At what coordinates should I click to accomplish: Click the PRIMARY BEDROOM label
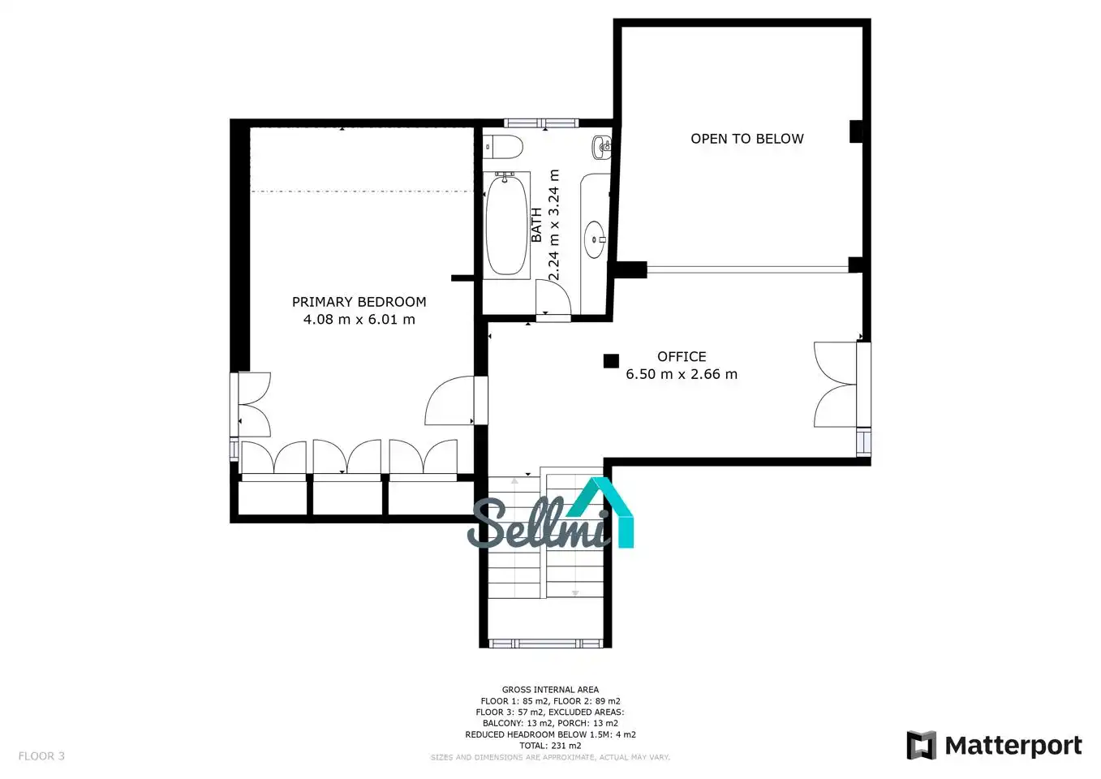(359, 302)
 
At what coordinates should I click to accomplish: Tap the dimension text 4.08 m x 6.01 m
(359, 320)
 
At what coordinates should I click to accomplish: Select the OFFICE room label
(682, 356)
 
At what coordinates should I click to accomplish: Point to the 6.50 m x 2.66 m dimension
(682, 374)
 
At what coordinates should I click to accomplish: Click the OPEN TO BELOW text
(747, 139)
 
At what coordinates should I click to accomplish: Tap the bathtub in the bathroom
(506, 225)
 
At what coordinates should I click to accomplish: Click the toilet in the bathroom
(502, 146)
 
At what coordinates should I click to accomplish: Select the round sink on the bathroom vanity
(595, 239)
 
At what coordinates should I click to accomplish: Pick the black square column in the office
(611, 361)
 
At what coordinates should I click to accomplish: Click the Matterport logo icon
(921, 745)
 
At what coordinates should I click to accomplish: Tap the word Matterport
(1013, 746)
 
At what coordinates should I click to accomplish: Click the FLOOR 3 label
(41, 756)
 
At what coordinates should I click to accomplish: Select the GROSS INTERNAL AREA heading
(550, 690)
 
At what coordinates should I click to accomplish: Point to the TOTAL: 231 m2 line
(550, 745)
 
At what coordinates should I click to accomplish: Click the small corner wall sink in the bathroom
(602, 147)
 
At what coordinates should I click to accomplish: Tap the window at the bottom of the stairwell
(545, 643)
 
